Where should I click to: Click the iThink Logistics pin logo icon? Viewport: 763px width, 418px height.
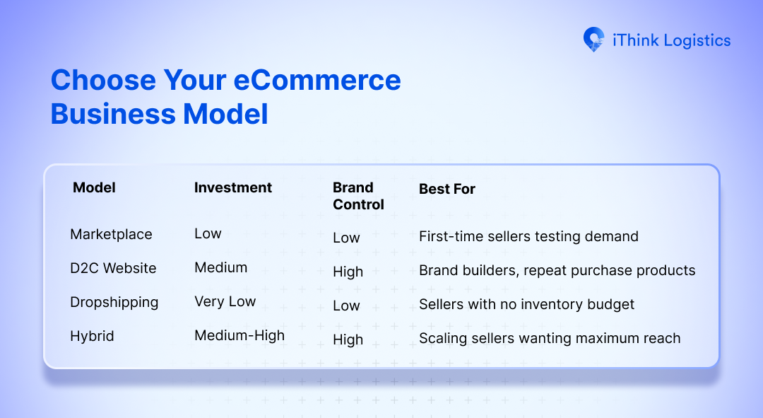(x=593, y=40)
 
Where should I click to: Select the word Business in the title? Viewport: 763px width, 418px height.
(x=113, y=114)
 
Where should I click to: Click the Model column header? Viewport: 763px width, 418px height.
(x=94, y=187)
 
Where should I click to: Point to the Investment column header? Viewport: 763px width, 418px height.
(x=233, y=187)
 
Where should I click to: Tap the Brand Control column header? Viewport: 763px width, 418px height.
(x=358, y=196)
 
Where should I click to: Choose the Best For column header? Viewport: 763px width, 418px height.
(x=447, y=189)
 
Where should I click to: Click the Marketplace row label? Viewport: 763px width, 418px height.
(x=111, y=234)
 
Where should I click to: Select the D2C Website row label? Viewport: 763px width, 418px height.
(x=113, y=268)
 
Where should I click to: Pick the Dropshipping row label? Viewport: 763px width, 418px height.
(x=114, y=302)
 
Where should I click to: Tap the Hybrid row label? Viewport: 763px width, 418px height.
(x=92, y=336)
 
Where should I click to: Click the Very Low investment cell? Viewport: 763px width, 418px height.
(x=225, y=302)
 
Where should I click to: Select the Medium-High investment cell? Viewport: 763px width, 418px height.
(x=239, y=336)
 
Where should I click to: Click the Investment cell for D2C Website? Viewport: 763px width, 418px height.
(x=220, y=268)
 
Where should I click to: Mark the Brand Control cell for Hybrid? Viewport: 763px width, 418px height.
(x=348, y=340)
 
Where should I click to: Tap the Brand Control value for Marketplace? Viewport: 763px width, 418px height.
(x=346, y=238)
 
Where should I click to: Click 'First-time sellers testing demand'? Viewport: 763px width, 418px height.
(x=528, y=236)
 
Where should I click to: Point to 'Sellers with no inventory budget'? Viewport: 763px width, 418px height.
(x=526, y=304)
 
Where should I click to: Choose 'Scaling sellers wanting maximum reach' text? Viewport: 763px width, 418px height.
(x=550, y=338)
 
